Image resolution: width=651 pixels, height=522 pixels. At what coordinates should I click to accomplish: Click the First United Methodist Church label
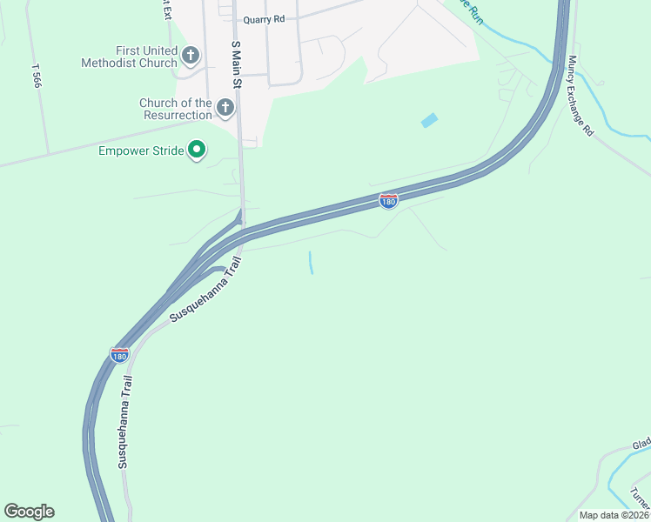point(129,57)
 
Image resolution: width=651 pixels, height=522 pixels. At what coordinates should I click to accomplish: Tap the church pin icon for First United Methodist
point(191,57)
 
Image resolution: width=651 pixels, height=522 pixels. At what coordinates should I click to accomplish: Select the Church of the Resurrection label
point(176,109)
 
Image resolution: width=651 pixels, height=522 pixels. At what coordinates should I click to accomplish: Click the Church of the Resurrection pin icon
point(225,109)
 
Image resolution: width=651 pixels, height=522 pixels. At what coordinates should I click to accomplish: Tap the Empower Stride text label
point(141,151)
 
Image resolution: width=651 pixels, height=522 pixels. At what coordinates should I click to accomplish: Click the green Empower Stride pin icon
point(197,151)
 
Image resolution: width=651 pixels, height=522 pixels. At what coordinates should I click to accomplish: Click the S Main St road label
point(235,64)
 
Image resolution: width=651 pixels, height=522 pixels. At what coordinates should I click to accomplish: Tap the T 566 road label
point(36,77)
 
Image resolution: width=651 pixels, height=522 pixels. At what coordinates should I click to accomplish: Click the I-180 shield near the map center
point(388,202)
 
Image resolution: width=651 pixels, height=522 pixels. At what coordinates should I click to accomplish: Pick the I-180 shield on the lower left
point(120,355)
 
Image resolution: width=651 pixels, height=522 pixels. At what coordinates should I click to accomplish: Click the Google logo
point(29,512)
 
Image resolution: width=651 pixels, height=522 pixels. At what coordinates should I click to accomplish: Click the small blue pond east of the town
point(429,121)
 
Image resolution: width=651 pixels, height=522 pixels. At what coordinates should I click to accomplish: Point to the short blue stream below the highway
point(310,263)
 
